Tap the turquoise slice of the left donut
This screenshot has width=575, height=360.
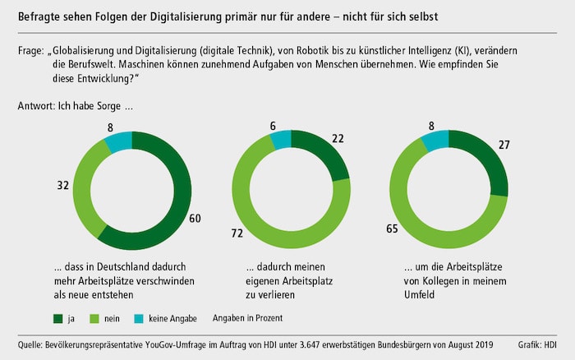tap(117, 138)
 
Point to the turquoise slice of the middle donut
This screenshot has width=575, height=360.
tap(280, 138)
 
